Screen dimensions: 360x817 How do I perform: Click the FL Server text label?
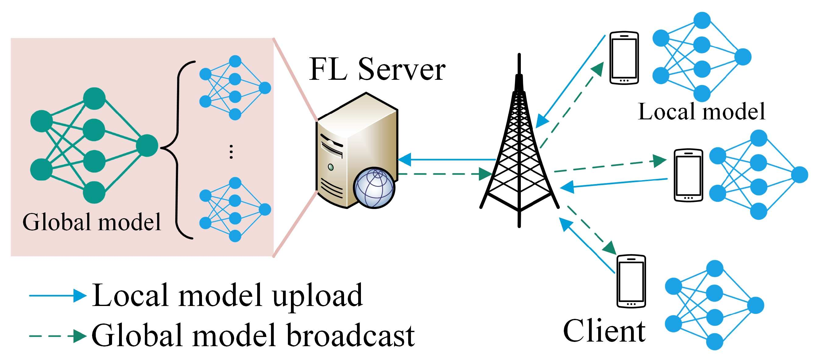[x=377, y=69]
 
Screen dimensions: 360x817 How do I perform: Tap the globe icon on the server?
[x=374, y=188]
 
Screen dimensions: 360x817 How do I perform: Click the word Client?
[x=604, y=331]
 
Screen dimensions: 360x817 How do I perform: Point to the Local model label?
[x=702, y=112]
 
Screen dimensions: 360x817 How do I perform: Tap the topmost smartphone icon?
[x=624, y=58]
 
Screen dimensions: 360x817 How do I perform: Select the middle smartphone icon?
[x=688, y=175]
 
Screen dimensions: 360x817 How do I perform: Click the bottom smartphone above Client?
[x=631, y=281]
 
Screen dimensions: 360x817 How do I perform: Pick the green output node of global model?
[x=147, y=145]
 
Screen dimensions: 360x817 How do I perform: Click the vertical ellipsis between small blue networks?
[x=231, y=152]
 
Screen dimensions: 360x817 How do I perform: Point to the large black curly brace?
[x=178, y=149]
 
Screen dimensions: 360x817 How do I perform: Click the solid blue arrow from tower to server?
[x=447, y=159]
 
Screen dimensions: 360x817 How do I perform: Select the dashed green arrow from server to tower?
[x=444, y=174]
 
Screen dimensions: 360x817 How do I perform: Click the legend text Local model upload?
[x=227, y=296]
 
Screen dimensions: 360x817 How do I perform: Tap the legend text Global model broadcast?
[x=253, y=335]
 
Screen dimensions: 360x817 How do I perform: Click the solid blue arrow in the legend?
[x=57, y=296]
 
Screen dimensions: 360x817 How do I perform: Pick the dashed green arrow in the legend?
[x=57, y=335]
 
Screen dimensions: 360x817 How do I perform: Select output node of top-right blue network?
[x=743, y=57]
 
